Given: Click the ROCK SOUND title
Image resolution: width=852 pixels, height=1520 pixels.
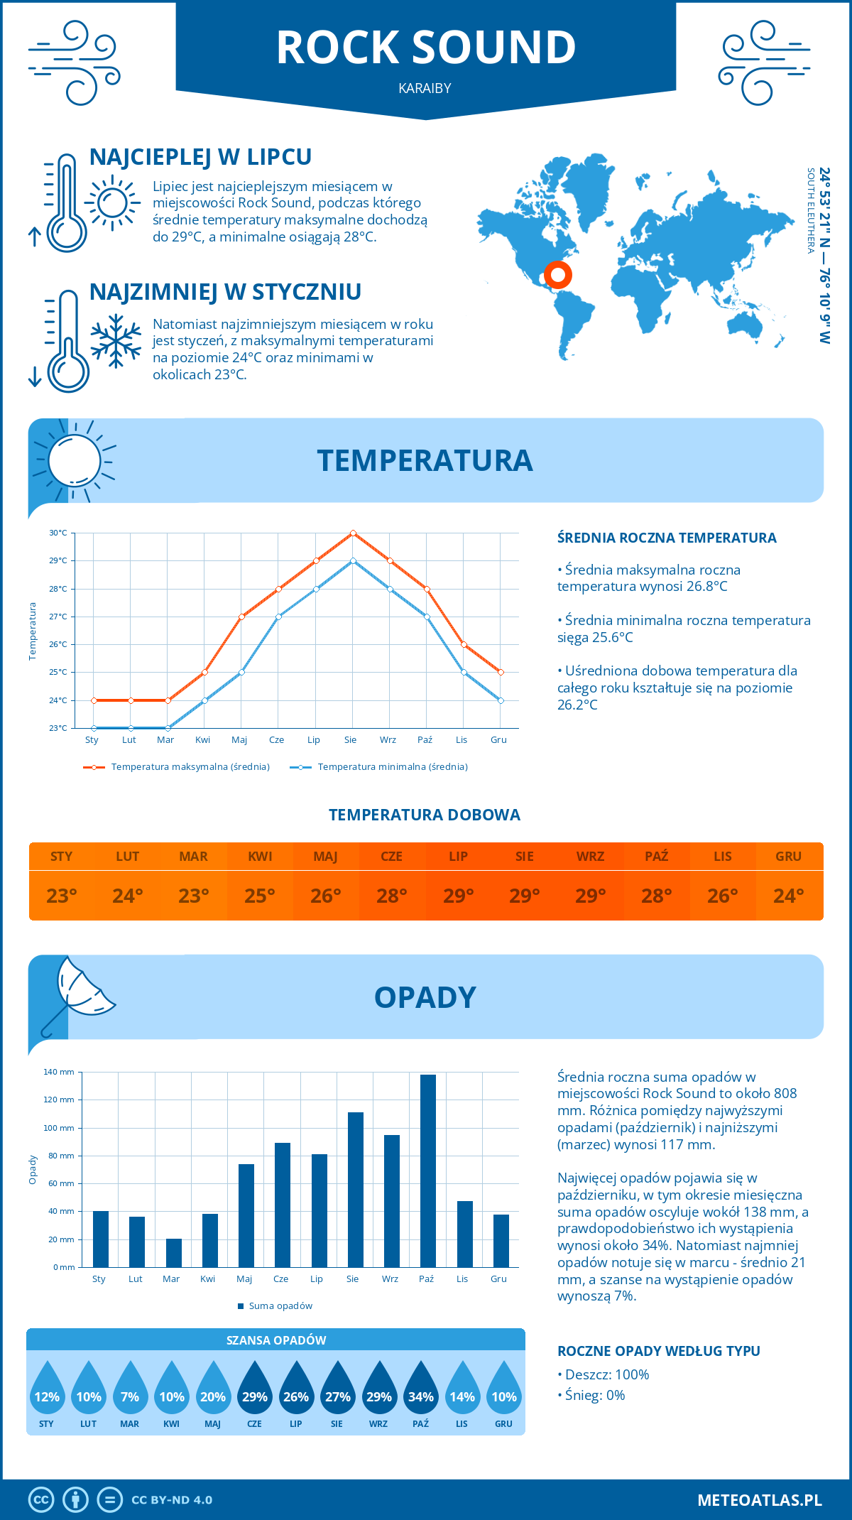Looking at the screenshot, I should [x=426, y=48].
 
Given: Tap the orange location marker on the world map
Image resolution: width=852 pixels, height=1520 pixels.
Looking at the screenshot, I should [x=558, y=274].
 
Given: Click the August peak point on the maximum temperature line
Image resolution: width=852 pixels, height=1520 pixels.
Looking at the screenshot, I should [x=353, y=533].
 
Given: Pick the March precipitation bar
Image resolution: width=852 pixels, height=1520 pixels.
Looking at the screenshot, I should [x=173, y=1253].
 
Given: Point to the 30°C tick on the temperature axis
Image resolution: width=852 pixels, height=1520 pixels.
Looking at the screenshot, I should [x=58, y=533].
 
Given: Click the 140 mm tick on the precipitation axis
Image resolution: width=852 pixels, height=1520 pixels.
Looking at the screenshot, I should [x=60, y=1072].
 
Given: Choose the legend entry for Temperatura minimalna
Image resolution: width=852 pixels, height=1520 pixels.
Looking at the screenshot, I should [x=380, y=767].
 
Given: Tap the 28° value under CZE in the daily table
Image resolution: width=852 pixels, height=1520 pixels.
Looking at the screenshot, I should [x=392, y=896].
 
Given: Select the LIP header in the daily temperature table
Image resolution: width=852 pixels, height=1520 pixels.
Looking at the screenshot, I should [x=458, y=857].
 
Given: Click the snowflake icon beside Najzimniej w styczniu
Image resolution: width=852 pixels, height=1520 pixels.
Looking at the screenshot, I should [x=116, y=341].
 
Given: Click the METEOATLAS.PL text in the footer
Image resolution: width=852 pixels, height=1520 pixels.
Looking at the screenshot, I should [x=759, y=1500].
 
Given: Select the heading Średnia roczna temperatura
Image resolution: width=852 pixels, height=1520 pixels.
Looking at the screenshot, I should [x=667, y=538].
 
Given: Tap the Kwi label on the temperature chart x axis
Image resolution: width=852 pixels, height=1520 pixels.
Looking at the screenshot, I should [x=203, y=739].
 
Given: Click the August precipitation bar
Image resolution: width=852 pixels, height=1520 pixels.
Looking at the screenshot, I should [x=355, y=1190].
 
